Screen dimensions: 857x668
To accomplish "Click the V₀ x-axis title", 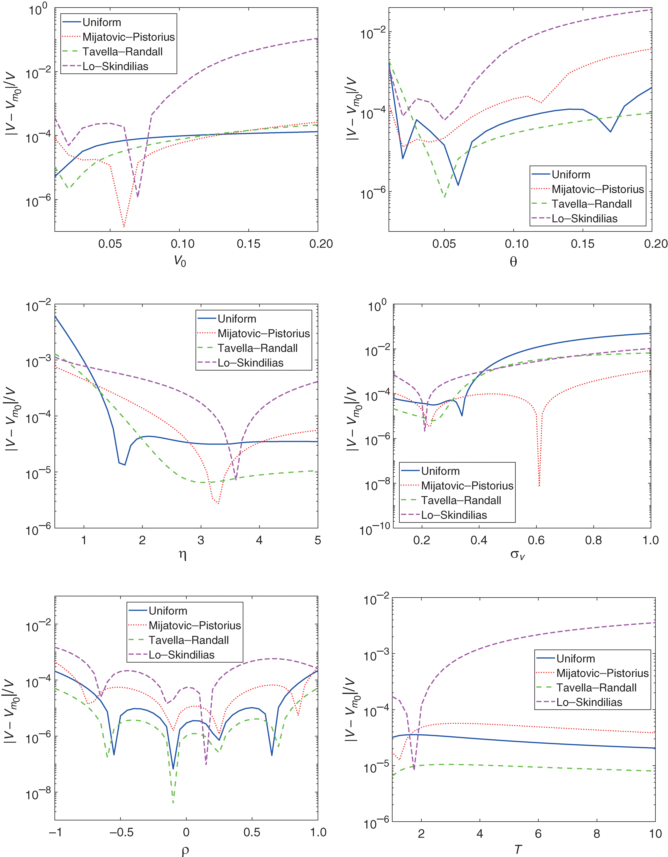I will tap(180, 261).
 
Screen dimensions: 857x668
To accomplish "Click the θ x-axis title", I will tap(513, 261).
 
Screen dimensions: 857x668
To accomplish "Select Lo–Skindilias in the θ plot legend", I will tap(585, 219).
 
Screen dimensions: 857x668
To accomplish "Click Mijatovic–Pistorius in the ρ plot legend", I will tap(194, 626).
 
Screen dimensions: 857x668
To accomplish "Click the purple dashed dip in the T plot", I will tap(414, 768).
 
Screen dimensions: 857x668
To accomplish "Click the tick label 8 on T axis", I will tap(597, 833).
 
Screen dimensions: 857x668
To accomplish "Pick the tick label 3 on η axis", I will tap(201, 540).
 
